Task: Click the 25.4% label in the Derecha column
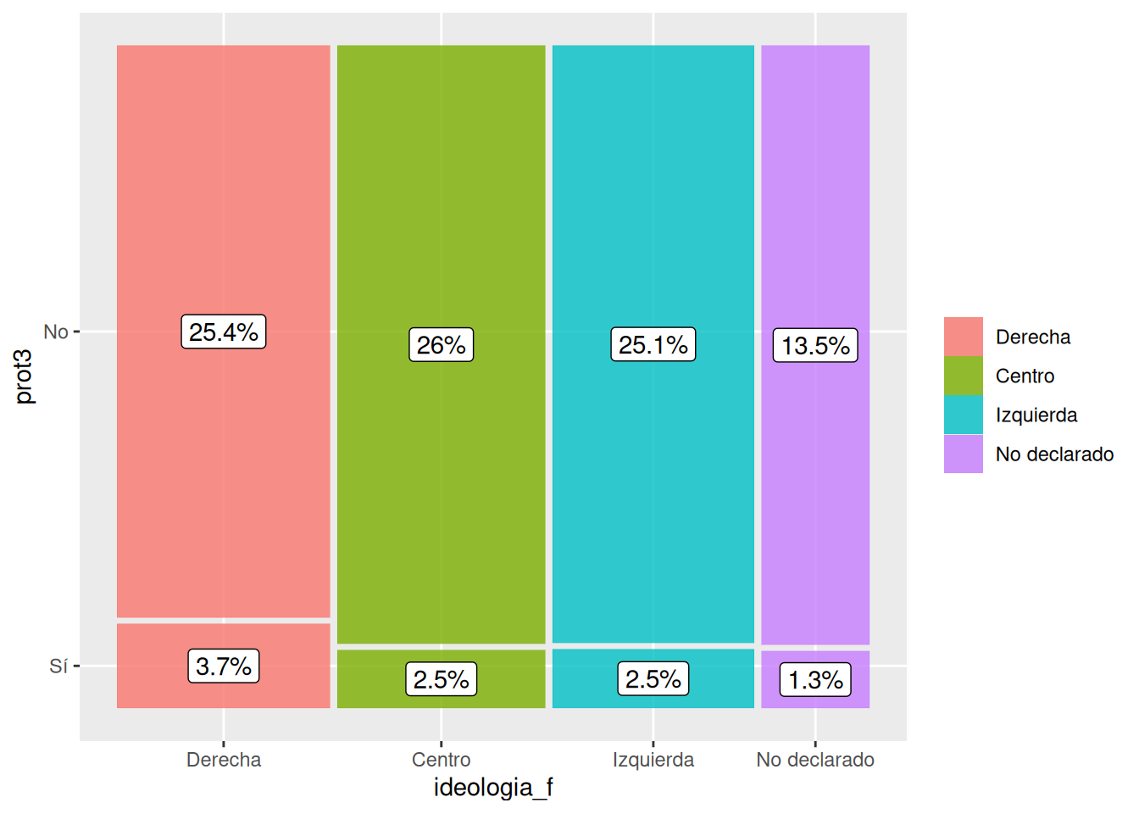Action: tap(224, 332)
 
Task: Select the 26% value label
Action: tap(442, 345)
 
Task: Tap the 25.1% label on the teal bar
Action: tap(653, 344)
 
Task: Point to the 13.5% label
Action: tap(815, 346)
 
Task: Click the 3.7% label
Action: tap(224, 666)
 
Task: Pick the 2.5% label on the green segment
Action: tap(442, 679)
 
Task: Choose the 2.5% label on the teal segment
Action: tap(653, 678)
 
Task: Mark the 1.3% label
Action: tap(815, 680)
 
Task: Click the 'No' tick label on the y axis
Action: tap(56, 332)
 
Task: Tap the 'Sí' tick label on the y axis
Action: tap(58, 666)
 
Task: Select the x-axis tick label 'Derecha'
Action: tap(224, 760)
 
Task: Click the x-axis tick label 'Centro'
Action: tap(442, 760)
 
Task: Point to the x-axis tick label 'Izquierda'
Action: tap(653, 760)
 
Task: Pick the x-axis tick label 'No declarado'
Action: tap(815, 760)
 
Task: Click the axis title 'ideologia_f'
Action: tap(493, 788)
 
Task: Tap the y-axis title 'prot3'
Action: tap(24, 376)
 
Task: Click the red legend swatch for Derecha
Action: tap(964, 337)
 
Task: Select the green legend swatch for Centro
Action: tap(964, 376)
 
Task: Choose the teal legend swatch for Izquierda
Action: tap(964, 415)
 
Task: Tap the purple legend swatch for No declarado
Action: tap(964, 454)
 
